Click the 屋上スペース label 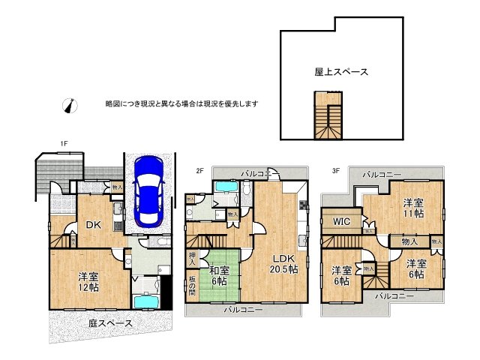(340, 72)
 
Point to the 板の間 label (193, 287)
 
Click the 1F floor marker (64, 143)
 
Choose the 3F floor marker (336, 170)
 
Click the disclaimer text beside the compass (181, 103)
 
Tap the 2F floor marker (200, 170)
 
